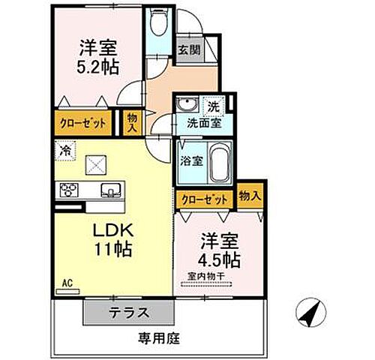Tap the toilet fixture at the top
(x=158, y=25)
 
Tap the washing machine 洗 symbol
(x=213, y=106)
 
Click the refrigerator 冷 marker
(x=66, y=150)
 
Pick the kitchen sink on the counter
(x=110, y=190)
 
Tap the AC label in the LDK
(x=66, y=283)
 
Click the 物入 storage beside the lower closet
(x=250, y=195)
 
